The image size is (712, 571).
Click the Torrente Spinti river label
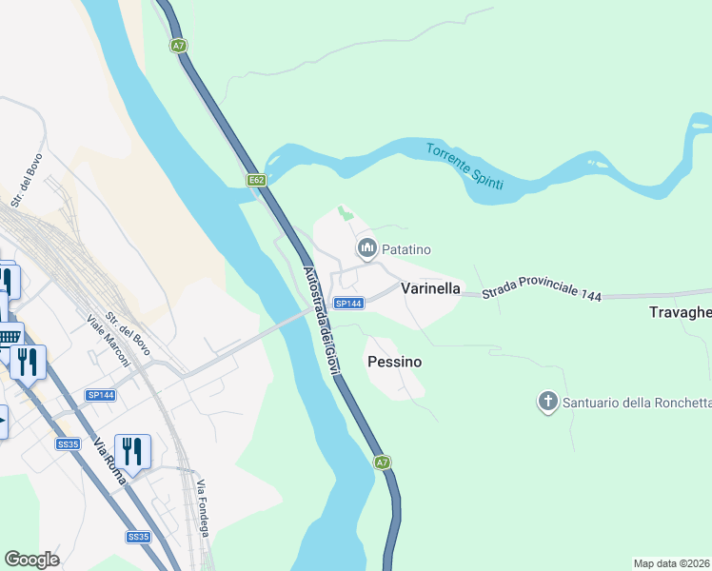[x=464, y=167]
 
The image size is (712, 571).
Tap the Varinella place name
[x=430, y=287]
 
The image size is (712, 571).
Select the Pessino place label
[x=394, y=363]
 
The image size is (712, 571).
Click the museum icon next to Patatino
[x=366, y=249]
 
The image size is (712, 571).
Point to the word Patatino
[x=406, y=250]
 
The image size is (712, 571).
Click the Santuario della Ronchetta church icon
[x=547, y=403]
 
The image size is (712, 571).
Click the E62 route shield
[x=256, y=180]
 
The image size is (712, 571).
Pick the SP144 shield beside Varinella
[x=348, y=304]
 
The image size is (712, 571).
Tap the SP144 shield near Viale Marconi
[x=100, y=395]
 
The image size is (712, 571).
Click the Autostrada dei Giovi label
[x=320, y=320]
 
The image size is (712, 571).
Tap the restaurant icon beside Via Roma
[x=132, y=451]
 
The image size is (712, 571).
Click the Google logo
[x=32, y=560]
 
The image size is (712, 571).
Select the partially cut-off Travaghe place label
[x=680, y=312]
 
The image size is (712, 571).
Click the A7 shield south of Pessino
[x=382, y=463]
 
